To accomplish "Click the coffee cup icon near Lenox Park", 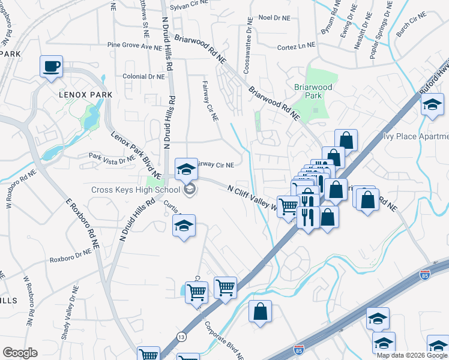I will coord(52,65).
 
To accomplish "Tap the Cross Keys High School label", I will coord(135,190).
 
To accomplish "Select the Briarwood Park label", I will coord(313,91).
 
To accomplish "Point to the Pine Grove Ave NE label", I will coord(130,46).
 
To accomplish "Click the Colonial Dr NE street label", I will coord(143,77).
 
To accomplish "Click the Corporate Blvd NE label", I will coord(223,341).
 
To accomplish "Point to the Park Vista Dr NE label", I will coord(112,159).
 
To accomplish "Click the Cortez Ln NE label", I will coord(297,47).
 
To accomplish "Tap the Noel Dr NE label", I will coord(274,17).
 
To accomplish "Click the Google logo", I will coord(20,353).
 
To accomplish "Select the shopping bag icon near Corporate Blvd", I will coord(260,312).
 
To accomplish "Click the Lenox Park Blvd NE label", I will coord(136,154).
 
